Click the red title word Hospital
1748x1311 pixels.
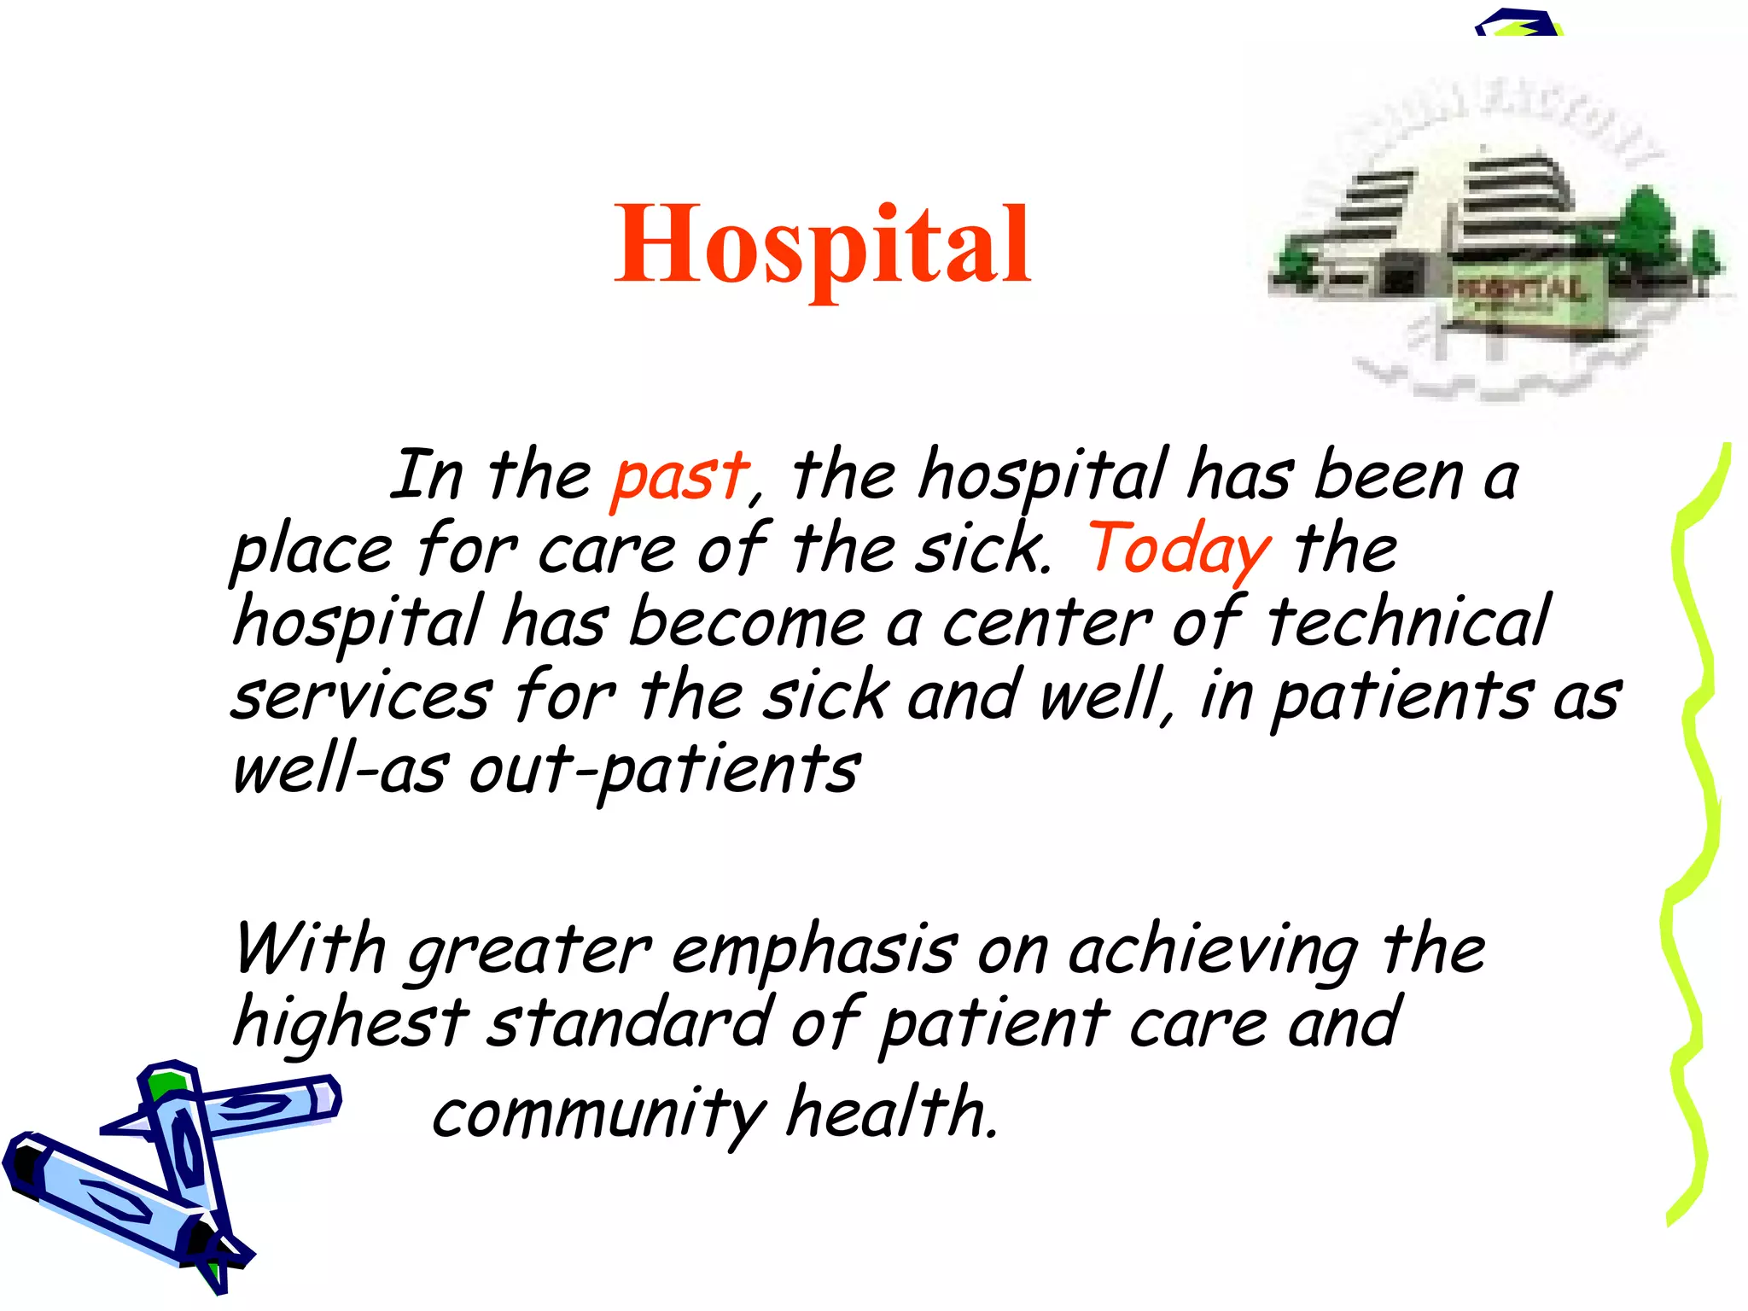pyautogui.click(x=823, y=246)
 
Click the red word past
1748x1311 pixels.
pyautogui.click(x=680, y=477)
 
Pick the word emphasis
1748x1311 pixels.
pyautogui.click(x=814, y=953)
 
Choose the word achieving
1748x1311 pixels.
pyautogui.click(x=1213, y=953)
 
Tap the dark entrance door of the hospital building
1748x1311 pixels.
pyautogui.click(x=1400, y=278)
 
